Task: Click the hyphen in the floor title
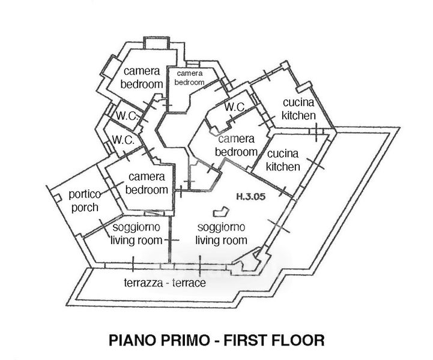pos(216,341)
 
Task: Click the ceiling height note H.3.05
pos(251,196)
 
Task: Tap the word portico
pos(85,194)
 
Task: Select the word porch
pos(85,208)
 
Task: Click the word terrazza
pos(144,283)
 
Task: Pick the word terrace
pos(189,283)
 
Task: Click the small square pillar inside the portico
pos(57,198)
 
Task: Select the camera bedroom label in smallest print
pos(189,78)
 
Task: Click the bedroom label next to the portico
pos(147,183)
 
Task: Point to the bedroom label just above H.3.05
pos(236,145)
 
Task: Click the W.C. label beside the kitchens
pos(235,107)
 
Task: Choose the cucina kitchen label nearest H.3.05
pos(283,160)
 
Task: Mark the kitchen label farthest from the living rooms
pos(298,109)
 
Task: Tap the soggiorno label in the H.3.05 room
pos(221,227)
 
